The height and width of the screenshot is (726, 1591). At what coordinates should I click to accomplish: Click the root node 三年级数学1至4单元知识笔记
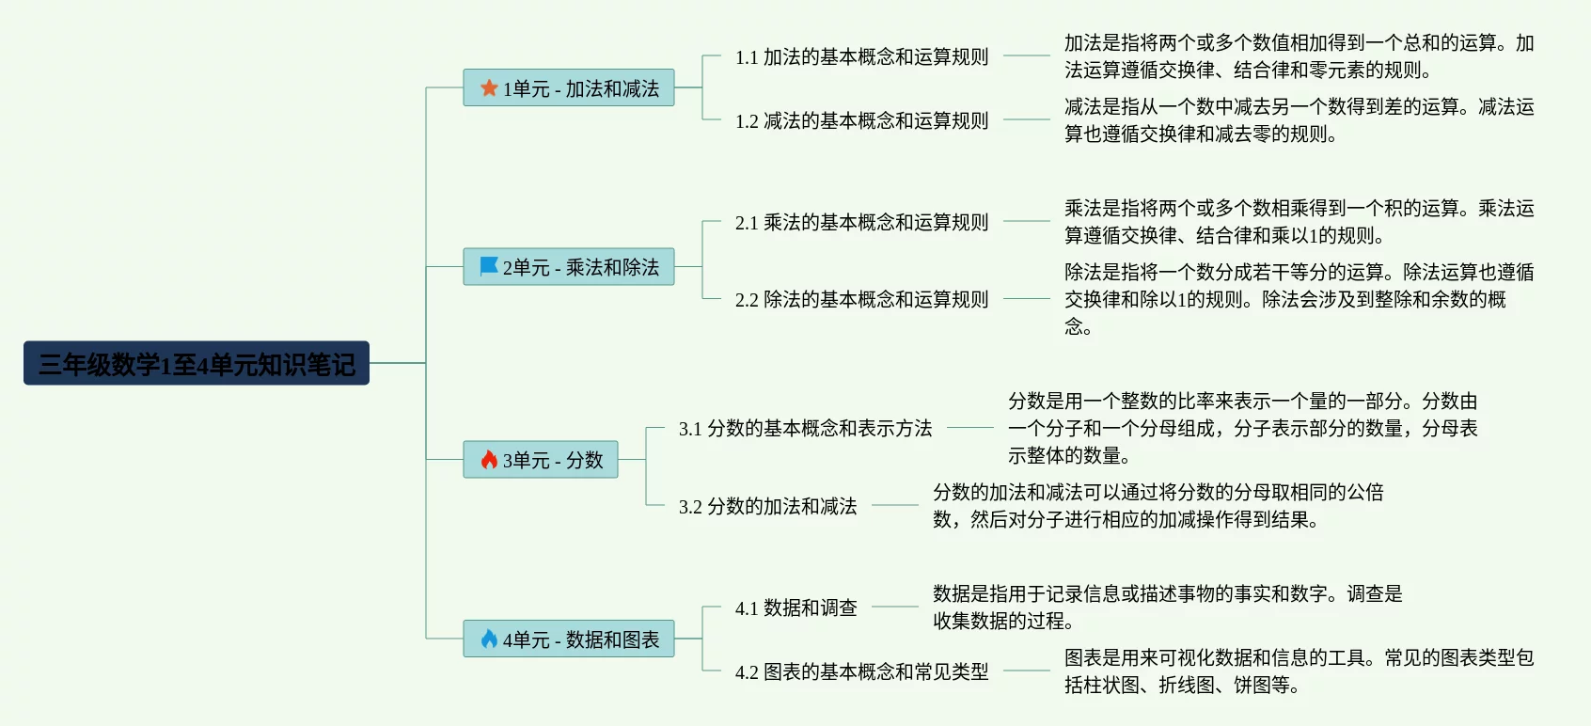[197, 363]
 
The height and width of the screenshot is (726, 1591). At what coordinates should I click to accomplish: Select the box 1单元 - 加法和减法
[569, 87]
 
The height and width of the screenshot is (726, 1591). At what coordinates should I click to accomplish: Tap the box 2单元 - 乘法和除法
[569, 267]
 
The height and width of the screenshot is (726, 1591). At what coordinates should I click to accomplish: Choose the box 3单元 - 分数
[541, 460]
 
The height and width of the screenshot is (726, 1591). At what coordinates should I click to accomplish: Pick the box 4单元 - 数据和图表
[569, 639]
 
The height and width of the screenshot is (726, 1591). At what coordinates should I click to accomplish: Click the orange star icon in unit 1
[489, 87]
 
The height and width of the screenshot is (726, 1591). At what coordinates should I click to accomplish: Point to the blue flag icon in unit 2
[489, 266]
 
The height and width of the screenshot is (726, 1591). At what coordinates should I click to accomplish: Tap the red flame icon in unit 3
[489, 460]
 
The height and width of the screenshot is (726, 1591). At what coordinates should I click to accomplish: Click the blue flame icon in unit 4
[489, 639]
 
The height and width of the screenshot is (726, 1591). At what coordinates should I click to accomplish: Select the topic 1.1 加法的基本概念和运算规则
[861, 57]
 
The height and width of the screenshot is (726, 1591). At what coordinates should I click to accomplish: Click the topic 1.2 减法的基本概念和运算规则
[861, 121]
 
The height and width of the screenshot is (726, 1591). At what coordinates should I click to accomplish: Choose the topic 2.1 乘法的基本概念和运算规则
[861, 223]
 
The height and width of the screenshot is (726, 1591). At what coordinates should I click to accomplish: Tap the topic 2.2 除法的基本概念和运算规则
[861, 300]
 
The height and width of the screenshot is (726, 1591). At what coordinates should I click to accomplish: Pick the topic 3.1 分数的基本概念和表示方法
[805, 429]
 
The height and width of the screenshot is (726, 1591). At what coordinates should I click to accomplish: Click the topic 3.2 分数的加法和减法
[767, 507]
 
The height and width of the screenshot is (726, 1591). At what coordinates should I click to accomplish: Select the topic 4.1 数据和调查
[795, 608]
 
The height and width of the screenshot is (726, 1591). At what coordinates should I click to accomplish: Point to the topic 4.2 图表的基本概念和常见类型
[861, 672]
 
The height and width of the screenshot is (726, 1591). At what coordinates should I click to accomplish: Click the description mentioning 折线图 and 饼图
[1298, 671]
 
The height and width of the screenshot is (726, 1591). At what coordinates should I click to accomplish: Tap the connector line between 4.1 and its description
[894, 607]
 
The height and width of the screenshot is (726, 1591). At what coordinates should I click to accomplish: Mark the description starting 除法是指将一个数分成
[1298, 299]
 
